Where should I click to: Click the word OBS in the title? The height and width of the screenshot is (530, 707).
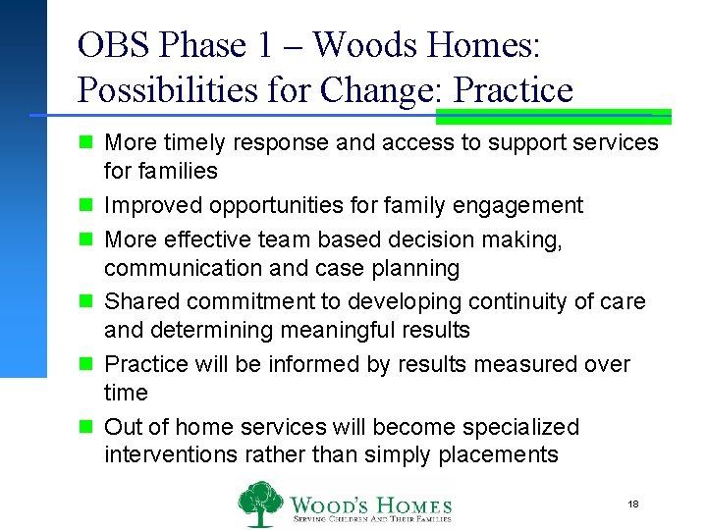pos(108,45)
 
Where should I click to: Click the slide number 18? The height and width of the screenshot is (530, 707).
pos(633,503)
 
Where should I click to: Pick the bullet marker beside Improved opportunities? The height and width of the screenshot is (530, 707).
pos(86,206)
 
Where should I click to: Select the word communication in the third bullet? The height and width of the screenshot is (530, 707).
pos(176,268)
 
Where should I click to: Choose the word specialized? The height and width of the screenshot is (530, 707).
pos(522,428)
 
